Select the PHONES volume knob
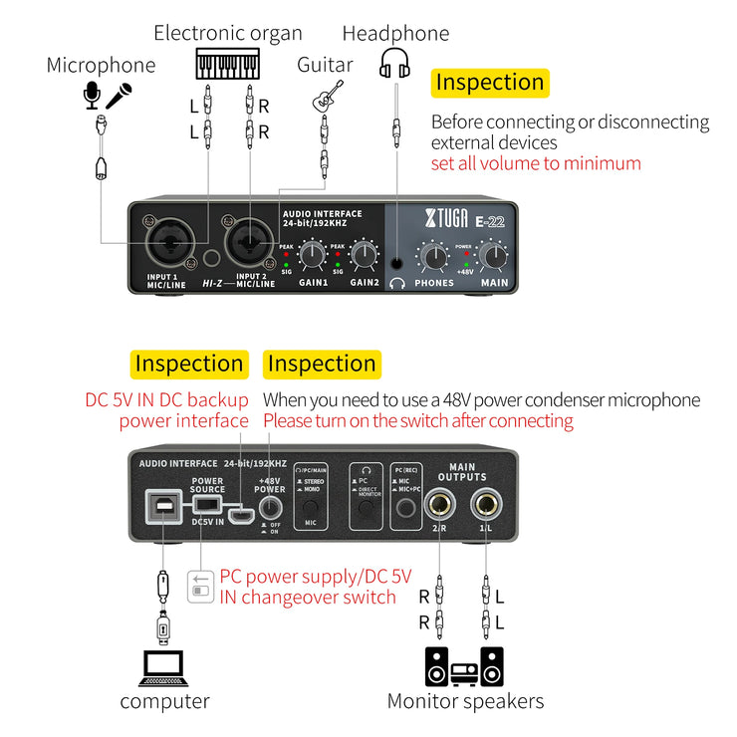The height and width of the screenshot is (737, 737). [x=434, y=257]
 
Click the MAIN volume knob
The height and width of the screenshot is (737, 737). [x=493, y=257]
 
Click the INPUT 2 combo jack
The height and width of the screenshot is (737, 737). [x=248, y=243]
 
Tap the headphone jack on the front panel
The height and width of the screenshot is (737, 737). [x=398, y=264]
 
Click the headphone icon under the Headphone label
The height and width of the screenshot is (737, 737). [x=395, y=64]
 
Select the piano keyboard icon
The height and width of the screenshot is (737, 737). [x=235, y=64]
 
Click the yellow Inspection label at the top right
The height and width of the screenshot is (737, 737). [x=490, y=83]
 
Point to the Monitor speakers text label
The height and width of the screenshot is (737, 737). [x=465, y=701]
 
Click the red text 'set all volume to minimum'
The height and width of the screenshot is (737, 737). [x=536, y=163]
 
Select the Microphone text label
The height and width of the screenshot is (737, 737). [x=101, y=66]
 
